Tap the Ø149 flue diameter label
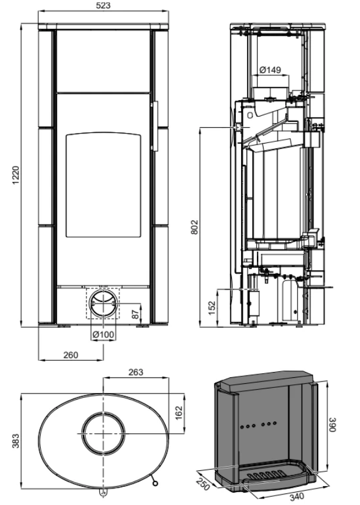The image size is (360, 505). [x=271, y=70]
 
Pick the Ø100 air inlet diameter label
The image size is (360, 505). [x=104, y=335]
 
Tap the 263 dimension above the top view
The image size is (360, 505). [x=135, y=373]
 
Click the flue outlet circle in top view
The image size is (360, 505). [x=104, y=434]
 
